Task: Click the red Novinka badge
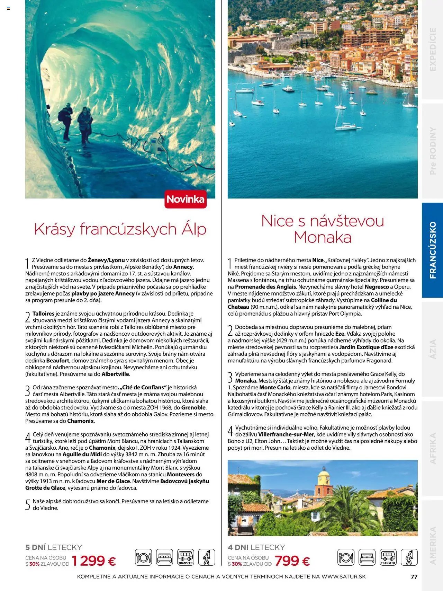[x=186, y=199]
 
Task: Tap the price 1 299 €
[x=94, y=561]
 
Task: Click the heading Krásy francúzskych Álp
[x=120, y=229]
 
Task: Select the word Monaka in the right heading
[x=323, y=237]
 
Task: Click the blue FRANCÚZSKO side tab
[x=433, y=250]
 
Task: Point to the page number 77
[x=414, y=577]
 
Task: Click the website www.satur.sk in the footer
[x=344, y=577]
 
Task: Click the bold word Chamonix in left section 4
[x=102, y=448]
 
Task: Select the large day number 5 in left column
[x=28, y=505]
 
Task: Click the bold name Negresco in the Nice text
[x=377, y=287]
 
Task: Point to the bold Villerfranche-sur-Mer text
[x=286, y=434]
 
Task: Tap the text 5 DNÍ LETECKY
[x=54, y=547]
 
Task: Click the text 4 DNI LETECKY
[x=256, y=547]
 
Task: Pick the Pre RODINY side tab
[x=433, y=151]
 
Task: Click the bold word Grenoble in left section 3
[x=193, y=408]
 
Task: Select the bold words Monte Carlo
[x=275, y=387]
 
